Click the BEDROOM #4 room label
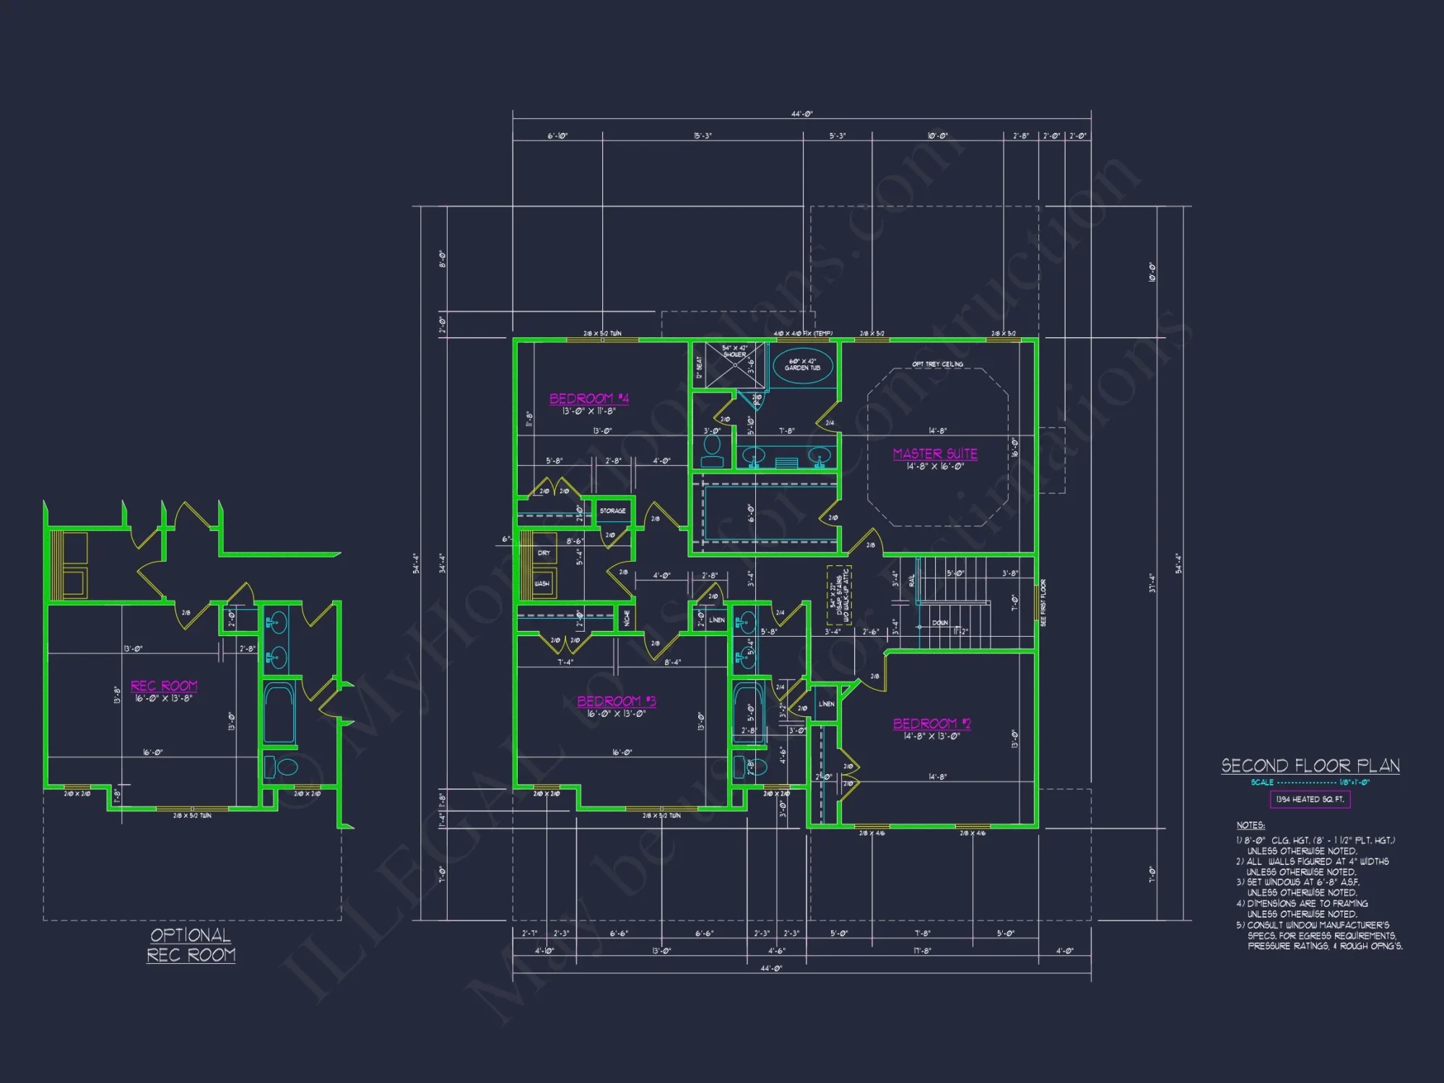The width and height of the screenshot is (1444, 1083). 588,399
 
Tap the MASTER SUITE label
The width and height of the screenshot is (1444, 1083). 935,453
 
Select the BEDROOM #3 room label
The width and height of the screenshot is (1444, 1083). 616,701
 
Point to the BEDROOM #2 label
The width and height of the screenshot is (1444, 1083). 931,723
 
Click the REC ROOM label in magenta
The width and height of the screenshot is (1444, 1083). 164,686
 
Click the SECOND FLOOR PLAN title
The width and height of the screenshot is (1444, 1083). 1310,765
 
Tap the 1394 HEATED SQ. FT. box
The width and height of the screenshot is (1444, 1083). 1310,799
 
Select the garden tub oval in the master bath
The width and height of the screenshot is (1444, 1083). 802,365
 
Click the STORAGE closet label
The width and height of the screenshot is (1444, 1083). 612,510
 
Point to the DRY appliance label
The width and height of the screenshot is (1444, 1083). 544,553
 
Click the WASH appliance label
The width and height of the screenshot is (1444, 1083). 542,583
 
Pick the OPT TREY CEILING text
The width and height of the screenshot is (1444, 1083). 937,364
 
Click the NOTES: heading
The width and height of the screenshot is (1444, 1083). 1251,825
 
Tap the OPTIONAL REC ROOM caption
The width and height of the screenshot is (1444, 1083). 191,945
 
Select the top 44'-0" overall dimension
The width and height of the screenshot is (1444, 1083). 801,114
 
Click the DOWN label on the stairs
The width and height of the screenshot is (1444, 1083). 940,622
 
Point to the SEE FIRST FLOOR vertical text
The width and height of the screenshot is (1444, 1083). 1043,602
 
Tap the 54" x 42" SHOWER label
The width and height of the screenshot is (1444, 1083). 734,351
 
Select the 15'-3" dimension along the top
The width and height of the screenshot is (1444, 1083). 703,136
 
